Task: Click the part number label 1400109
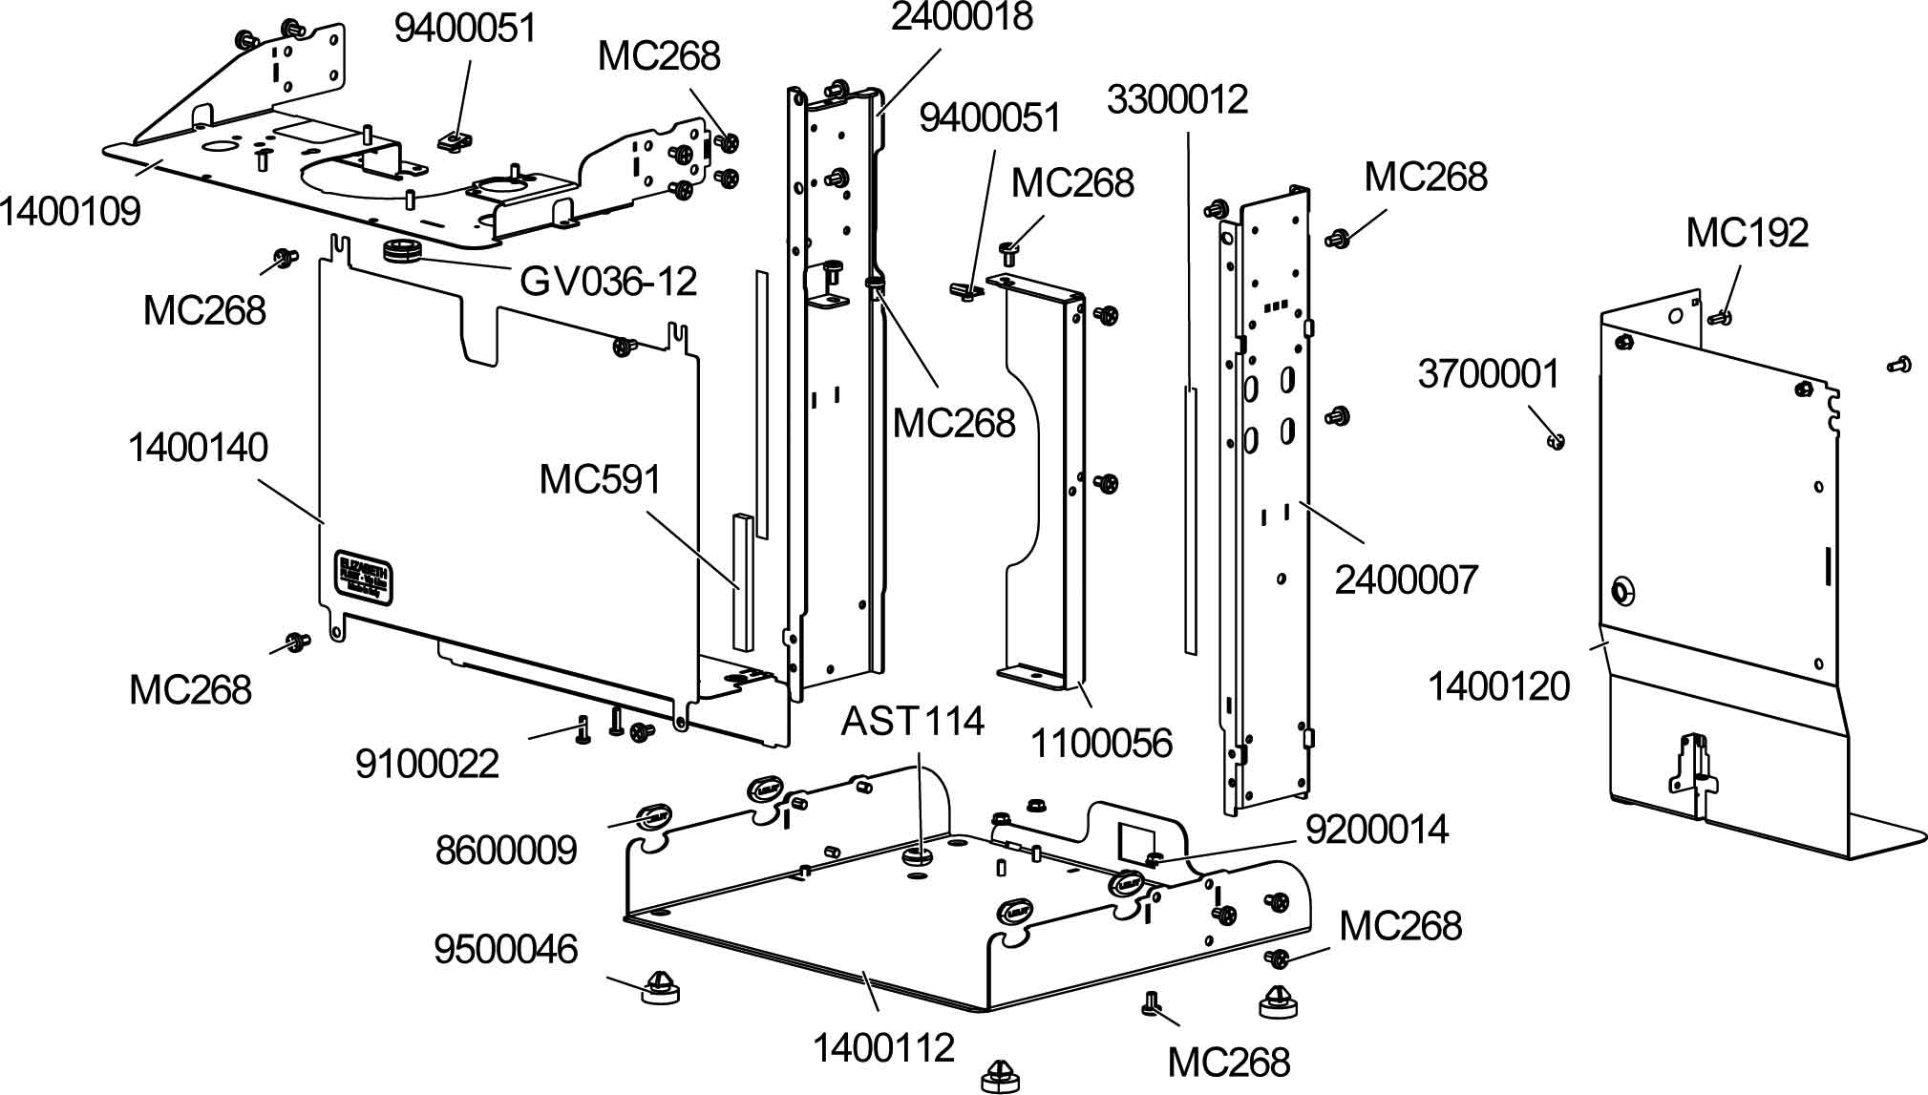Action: (70, 211)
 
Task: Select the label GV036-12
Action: (608, 281)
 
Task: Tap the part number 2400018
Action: (962, 16)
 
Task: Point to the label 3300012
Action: (1177, 99)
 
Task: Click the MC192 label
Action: (1747, 233)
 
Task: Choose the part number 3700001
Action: (1488, 374)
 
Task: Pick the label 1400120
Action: (1498, 686)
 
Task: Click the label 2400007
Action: (1406, 579)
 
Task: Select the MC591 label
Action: (600, 479)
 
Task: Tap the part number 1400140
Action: (199, 448)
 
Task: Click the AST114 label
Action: (912, 721)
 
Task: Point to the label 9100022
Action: (427, 764)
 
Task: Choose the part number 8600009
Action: (506, 850)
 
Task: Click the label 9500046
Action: (506, 949)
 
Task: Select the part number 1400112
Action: (883, 1048)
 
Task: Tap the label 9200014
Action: (1377, 830)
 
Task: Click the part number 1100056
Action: (1100, 743)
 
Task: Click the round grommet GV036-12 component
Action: (401, 253)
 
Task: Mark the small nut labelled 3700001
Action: (1556, 441)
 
